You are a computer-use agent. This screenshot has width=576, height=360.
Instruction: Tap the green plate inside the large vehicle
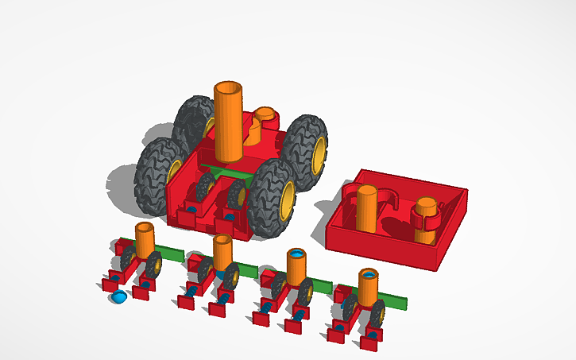(230, 172)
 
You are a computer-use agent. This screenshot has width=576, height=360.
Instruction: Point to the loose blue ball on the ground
(118, 297)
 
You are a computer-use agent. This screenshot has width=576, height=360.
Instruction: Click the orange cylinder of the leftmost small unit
(145, 240)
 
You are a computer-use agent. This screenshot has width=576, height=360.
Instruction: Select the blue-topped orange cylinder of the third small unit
(297, 267)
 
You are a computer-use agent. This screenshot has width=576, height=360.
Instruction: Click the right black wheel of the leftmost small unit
(154, 265)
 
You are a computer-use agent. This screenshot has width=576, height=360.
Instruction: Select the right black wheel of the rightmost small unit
(377, 314)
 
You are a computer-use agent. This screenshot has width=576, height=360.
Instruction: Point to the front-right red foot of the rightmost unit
(369, 343)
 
